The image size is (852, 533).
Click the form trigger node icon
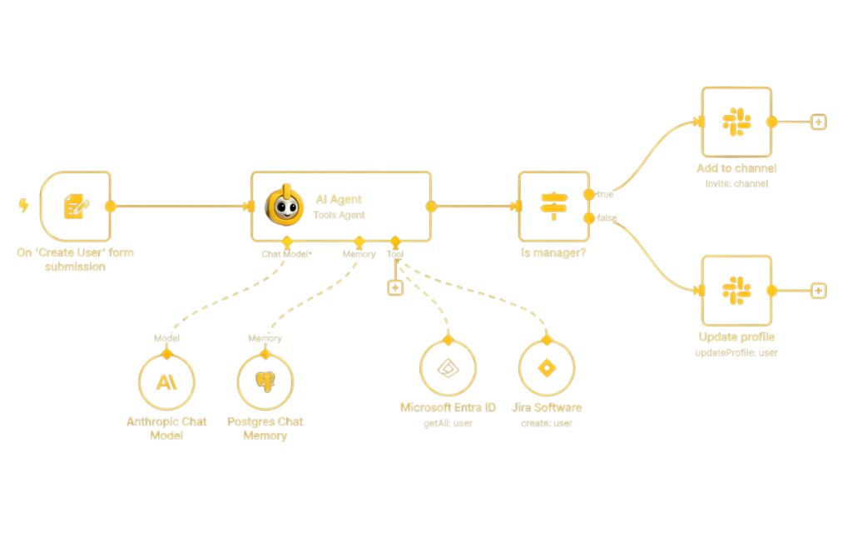coord(76,207)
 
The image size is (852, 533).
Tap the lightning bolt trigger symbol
coord(23,206)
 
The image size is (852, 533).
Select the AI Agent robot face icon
coord(279,206)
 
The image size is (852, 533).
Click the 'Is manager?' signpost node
coord(552,207)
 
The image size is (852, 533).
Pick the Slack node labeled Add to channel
coord(736,122)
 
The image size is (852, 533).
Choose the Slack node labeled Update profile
coord(736,291)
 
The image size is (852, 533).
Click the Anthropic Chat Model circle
coord(166,382)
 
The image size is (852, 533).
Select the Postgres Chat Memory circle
coord(265,382)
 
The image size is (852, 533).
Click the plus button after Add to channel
coord(819,122)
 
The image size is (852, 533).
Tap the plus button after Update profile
coord(819,291)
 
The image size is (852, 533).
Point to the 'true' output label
coord(605,194)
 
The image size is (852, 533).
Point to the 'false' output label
coord(607,218)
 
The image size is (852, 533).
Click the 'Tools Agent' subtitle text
coord(339,216)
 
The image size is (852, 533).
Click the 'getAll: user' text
coord(448,423)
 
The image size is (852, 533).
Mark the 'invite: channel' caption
coord(736,183)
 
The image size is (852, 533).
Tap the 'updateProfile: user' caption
coord(736,352)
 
